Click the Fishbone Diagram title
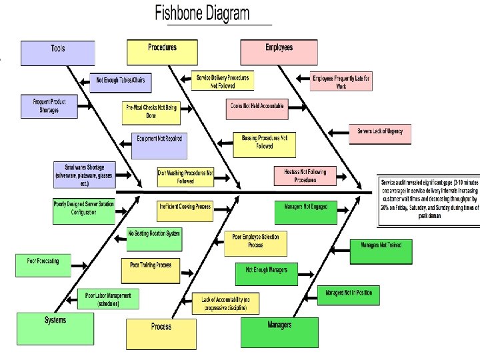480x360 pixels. [203, 13]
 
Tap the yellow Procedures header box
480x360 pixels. [163, 49]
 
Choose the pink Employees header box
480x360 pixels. [279, 49]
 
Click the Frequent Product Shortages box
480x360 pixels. [47, 106]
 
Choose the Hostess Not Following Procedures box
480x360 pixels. [305, 176]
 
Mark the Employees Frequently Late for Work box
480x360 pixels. [341, 81]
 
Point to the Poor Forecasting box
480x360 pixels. [43, 264]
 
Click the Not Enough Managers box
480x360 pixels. [267, 273]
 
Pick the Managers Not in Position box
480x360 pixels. [349, 295]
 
